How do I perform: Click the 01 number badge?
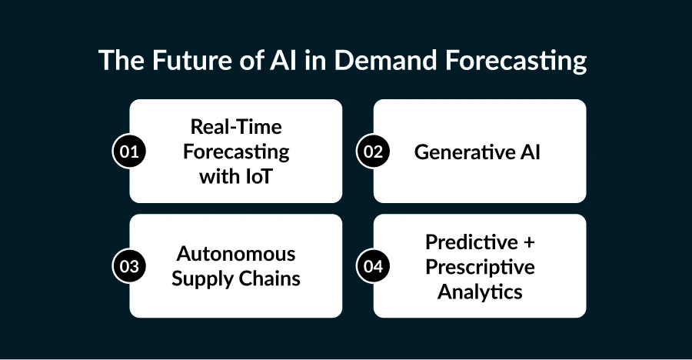[129, 152]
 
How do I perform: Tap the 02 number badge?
[374, 152]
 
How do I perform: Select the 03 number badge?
[129, 266]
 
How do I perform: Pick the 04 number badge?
[374, 266]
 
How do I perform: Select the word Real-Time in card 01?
[235, 127]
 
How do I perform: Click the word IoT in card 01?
[257, 175]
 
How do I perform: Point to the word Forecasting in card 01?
[235, 152]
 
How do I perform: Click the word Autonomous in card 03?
[235, 254]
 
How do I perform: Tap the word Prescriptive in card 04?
[480, 267]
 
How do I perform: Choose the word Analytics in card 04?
[480, 292]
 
